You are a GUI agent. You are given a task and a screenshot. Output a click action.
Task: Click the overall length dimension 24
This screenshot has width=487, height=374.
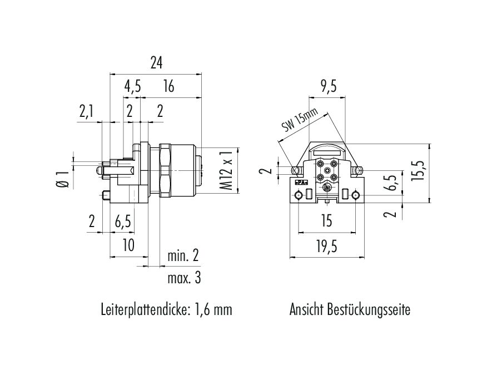pyautogui.click(x=156, y=63)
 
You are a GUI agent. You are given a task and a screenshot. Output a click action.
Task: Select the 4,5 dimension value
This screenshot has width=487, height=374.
pyautogui.click(x=132, y=86)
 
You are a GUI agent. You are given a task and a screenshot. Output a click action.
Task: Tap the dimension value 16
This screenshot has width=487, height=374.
pyautogui.click(x=169, y=86)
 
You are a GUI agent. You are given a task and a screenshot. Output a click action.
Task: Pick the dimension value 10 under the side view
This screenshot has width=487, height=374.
pyautogui.click(x=128, y=245)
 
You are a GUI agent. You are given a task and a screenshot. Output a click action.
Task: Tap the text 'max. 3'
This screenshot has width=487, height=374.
pyautogui.click(x=183, y=278)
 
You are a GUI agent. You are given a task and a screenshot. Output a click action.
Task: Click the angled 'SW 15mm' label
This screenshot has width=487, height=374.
pyautogui.click(x=299, y=121)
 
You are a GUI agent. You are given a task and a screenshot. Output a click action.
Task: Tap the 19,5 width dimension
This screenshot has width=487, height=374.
pyautogui.click(x=327, y=245)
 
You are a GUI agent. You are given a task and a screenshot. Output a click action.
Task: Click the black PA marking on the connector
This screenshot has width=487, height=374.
pyautogui.click(x=300, y=182)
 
